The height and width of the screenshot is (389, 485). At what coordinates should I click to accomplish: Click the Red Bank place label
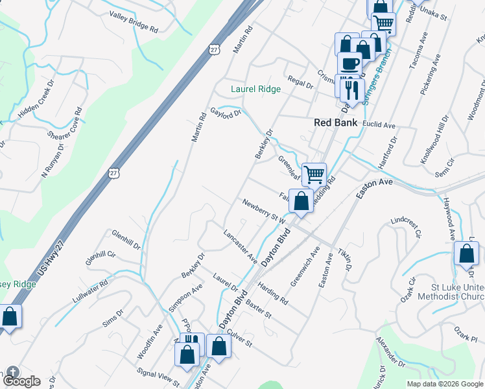(x=336, y=122)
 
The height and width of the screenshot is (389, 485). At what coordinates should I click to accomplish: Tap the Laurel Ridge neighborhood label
(x=256, y=89)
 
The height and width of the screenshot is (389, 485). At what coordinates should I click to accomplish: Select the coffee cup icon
(x=350, y=65)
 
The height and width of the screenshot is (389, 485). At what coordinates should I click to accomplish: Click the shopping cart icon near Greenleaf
(x=314, y=174)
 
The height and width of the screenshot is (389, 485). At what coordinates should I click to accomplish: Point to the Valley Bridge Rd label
(x=134, y=22)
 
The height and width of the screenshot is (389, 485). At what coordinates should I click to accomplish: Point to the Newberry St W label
(x=264, y=212)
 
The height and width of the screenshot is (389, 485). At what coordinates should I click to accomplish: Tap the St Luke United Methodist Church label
(x=458, y=291)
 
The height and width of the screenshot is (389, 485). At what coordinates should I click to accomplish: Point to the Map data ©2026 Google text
(x=444, y=384)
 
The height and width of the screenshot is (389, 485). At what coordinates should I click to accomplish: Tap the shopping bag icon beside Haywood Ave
(x=466, y=253)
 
